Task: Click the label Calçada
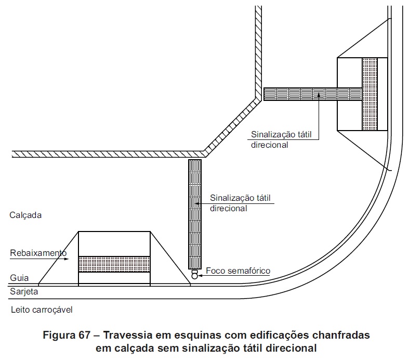25,214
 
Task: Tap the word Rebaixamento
37,253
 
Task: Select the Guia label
18,278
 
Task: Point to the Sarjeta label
24,292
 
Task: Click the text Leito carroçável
41,311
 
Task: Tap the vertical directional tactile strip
195,213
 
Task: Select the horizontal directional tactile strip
312,94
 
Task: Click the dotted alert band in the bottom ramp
114,264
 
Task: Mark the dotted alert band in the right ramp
370,94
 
